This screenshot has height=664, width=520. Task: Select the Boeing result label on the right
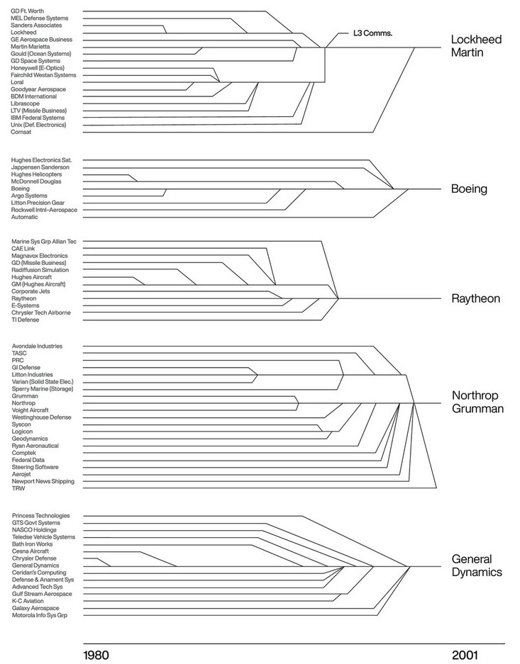pyautogui.click(x=469, y=189)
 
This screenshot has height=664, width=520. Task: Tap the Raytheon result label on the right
pyautogui.click(x=475, y=298)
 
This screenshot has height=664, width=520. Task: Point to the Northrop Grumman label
pyautogui.click(x=477, y=402)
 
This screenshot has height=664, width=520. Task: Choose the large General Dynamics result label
pyautogui.click(x=477, y=565)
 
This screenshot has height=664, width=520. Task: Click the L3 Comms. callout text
pyautogui.click(x=372, y=33)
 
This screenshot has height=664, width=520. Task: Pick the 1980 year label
pyautogui.click(x=96, y=654)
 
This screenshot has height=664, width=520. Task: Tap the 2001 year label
pyautogui.click(x=465, y=654)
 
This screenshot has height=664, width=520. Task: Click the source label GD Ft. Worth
pyautogui.click(x=28, y=11)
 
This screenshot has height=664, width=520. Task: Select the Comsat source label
pyautogui.click(x=22, y=132)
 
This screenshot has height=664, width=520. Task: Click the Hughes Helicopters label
pyautogui.click(x=36, y=174)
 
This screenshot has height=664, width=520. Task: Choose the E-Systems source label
pyautogui.click(x=26, y=305)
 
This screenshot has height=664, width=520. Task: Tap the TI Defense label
pyautogui.click(x=26, y=320)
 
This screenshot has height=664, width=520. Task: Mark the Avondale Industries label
pyautogui.click(x=37, y=346)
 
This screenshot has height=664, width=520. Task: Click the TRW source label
pyautogui.click(x=18, y=488)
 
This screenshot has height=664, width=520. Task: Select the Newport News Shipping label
pyautogui.click(x=43, y=481)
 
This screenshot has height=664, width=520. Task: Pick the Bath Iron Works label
pyautogui.click(x=32, y=544)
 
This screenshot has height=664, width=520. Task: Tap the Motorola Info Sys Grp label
pyautogui.click(x=44, y=615)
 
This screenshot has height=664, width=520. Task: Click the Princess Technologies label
pyautogui.click(x=40, y=515)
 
